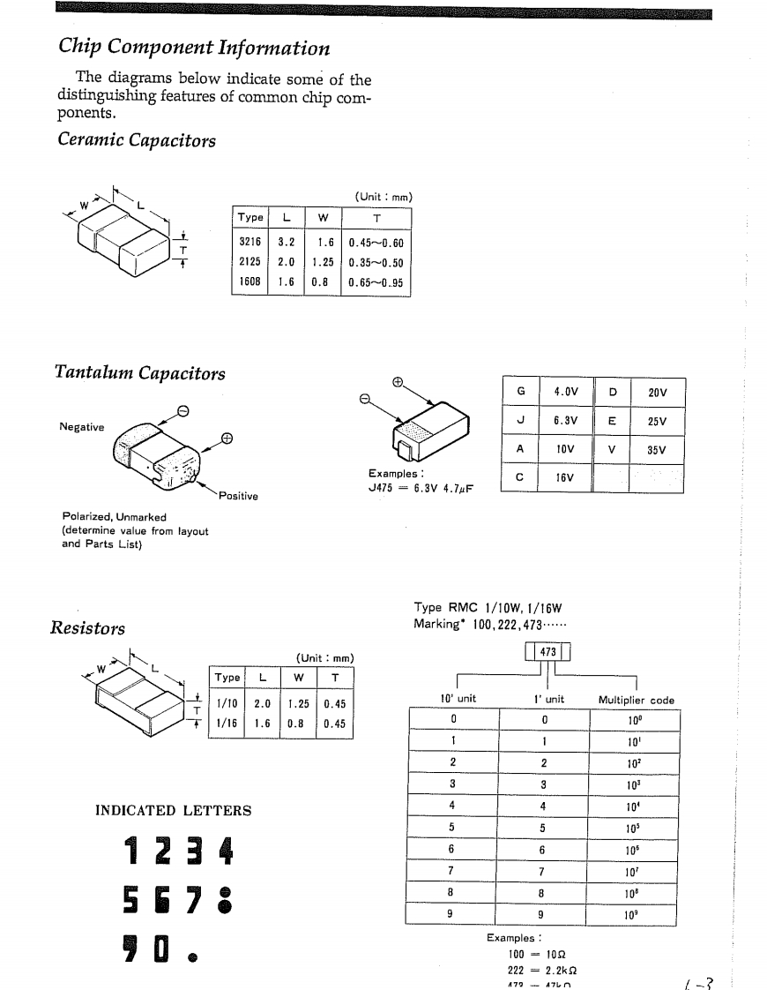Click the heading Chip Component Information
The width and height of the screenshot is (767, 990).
click(x=194, y=48)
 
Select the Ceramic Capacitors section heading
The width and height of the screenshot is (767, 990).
click(x=137, y=139)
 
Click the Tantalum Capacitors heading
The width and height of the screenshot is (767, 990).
click(x=139, y=373)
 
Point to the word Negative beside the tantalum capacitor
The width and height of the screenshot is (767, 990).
click(x=81, y=427)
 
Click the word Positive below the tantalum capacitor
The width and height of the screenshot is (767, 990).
click(x=238, y=496)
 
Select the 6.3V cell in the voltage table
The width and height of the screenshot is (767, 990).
click(x=565, y=420)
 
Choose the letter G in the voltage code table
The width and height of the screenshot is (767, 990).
click(x=520, y=391)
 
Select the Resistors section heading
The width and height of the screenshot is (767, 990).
click(x=86, y=628)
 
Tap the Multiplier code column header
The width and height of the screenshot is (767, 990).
click(x=636, y=700)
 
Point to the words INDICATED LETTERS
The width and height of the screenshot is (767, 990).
click(x=173, y=811)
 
